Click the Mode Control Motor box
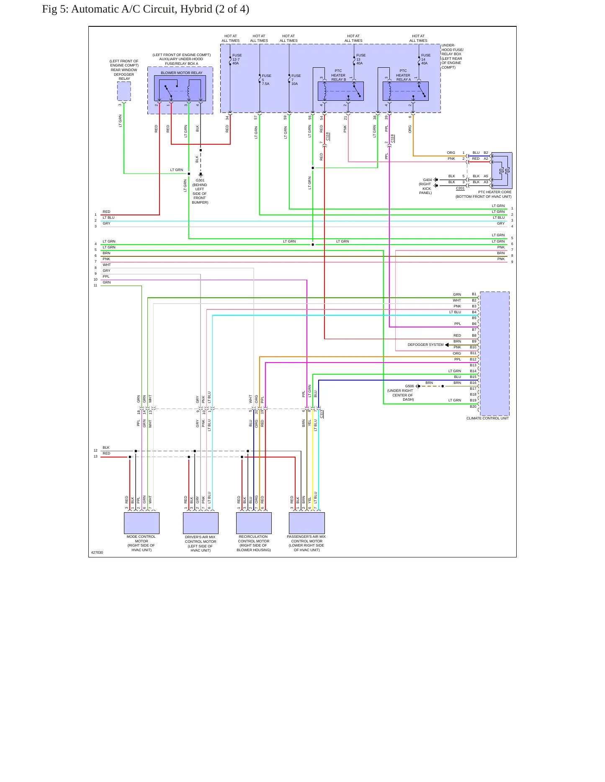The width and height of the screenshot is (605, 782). (x=142, y=523)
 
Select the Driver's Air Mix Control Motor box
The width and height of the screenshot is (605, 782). (x=201, y=523)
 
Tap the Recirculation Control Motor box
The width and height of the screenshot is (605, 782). (x=254, y=523)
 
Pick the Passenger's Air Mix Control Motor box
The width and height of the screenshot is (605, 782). (x=307, y=523)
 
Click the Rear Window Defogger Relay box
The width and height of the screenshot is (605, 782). (x=124, y=91)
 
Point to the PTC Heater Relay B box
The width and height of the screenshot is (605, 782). (x=341, y=91)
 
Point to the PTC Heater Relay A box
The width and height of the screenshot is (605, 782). (x=406, y=91)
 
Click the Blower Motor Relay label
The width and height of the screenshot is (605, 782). (x=182, y=73)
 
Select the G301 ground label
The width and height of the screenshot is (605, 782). (x=200, y=180)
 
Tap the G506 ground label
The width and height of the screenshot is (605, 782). (x=409, y=386)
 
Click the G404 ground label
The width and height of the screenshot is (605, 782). (x=427, y=180)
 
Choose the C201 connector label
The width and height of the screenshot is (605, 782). (x=460, y=188)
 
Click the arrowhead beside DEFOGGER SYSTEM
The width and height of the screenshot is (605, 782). (x=447, y=345)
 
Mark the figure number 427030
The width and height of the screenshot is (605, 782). (x=97, y=552)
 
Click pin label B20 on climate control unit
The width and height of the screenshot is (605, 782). (x=473, y=406)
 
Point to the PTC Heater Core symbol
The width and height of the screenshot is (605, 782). (x=502, y=171)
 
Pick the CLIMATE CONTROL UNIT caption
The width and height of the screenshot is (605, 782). (x=488, y=418)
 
